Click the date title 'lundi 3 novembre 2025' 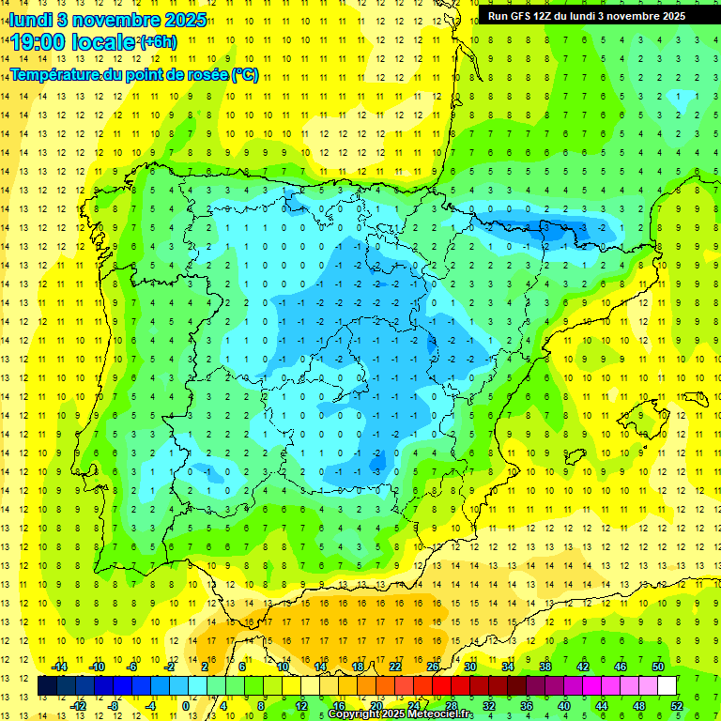[x=108, y=19]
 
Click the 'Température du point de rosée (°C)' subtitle [x=134, y=75]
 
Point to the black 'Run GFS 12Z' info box [x=587, y=15]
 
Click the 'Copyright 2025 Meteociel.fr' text [x=401, y=714]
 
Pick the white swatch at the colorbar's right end [x=667, y=686]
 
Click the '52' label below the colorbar [x=677, y=706]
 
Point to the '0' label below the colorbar [x=185, y=706]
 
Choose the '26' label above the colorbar [x=433, y=667]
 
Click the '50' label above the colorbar [x=657, y=667]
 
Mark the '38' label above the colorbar [x=545, y=667]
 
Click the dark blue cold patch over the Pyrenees [x=545, y=227]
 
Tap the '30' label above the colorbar [x=470, y=667]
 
